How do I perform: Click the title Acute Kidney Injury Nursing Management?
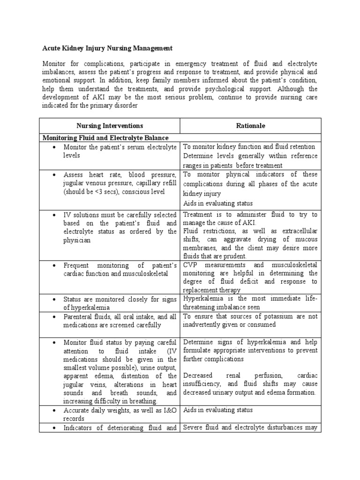(x=108, y=48)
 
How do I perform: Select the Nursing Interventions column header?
(x=110, y=126)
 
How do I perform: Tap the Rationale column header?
(x=250, y=126)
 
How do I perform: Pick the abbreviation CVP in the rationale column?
(x=191, y=264)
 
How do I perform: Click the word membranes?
(x=200, y=248)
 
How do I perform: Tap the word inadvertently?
(x=204, y=324)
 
